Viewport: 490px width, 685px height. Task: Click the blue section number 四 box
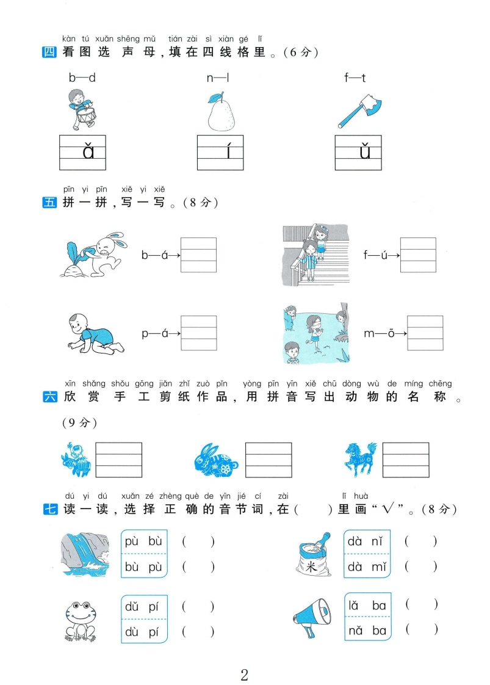(49, 52)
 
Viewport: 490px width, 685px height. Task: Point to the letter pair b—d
(82, 78)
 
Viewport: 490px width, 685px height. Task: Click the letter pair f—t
(355, 78)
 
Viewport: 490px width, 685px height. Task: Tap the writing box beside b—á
(199, 255)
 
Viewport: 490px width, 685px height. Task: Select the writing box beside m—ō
(425, 333)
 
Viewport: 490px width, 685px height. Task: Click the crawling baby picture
(96, 333)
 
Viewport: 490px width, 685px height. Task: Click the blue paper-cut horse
(360, 459)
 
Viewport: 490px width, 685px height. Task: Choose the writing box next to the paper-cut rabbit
(268, 460)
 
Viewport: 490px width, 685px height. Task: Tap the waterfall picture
(84, 554)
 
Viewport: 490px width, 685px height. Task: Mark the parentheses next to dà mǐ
(420, 567)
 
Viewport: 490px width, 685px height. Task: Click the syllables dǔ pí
(142, 607)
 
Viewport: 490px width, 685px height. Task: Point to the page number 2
(245, 674)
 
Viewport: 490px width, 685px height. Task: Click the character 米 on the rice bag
(311, 567)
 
